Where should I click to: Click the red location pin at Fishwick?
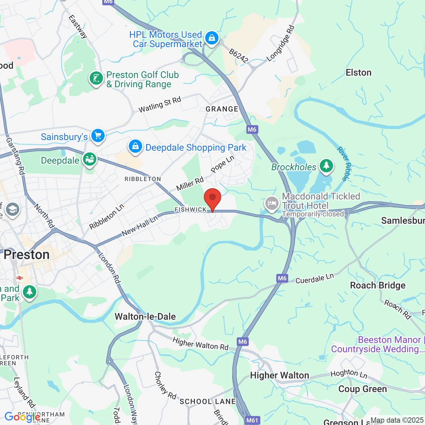(x=212, y=199)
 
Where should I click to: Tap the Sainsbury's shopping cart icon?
(x=98, y=136)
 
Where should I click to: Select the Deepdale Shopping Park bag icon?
(x=135, y=146)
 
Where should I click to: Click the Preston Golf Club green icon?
(x=96, y=79)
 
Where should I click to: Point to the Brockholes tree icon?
(x=326, y=166)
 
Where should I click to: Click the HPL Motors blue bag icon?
(x=212, y=38)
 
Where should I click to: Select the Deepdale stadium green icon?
(x=89, y=159)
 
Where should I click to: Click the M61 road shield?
(x=252, y=420)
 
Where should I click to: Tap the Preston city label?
(x=27, y=255)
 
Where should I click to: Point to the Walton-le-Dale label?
(x=145, y=316)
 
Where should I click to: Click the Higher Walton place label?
(x=280, y=375)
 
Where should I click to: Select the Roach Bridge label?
(x=378, y=286)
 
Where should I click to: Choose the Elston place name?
(x=358, y=72)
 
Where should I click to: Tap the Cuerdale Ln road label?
(x=314, y=279)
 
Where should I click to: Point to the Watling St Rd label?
(x=160, y=104)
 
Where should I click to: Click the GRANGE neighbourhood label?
(x=222, y=109)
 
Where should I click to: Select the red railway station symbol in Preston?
(x=20, y=278)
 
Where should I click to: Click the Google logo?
(x=23, y=417)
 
